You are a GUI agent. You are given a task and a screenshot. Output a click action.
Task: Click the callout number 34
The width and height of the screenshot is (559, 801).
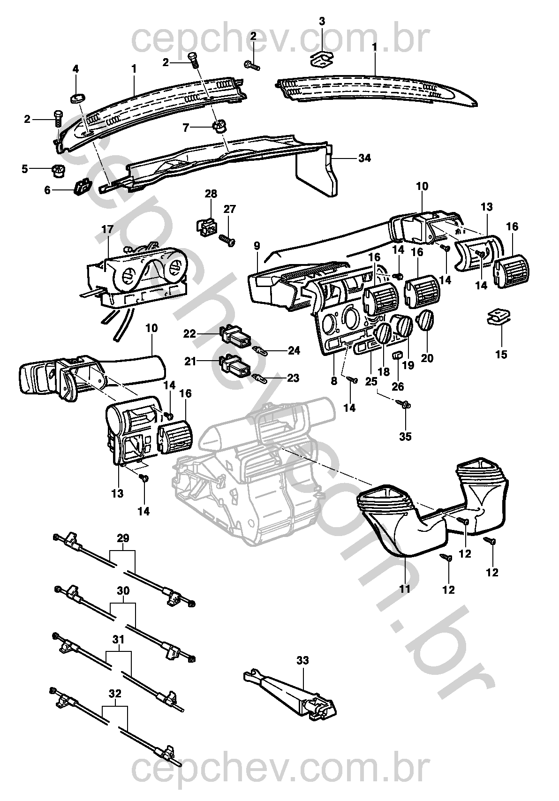(364, 159)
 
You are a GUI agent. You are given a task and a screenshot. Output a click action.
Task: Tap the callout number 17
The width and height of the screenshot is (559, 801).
(107, 230)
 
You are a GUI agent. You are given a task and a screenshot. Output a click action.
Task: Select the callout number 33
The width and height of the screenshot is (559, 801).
(303, 661)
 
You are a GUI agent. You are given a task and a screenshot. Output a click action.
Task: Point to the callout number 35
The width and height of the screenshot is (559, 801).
(405, 437)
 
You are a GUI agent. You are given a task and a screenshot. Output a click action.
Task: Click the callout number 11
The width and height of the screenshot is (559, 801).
(405, 589)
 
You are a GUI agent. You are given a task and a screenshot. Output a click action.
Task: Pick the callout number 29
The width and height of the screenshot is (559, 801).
(123, 538)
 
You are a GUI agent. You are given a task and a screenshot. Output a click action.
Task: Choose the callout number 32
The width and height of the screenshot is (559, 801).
(115, 693)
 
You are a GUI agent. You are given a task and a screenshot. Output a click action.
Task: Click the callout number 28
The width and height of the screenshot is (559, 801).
(211, 194)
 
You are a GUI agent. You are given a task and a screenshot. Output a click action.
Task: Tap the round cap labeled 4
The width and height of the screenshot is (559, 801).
(77, 98)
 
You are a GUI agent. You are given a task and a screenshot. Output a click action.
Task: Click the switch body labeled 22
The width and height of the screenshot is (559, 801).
(236, 336)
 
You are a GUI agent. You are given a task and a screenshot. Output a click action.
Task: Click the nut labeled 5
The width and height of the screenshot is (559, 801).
(58, 171)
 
